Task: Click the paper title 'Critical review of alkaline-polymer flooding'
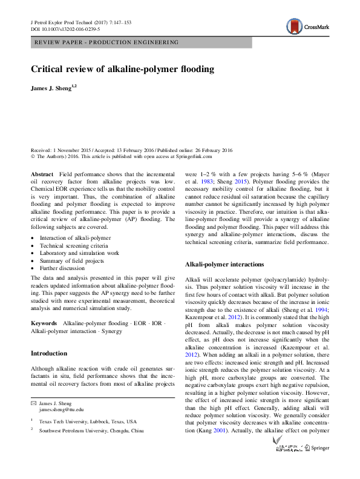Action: click(x=123, y=69)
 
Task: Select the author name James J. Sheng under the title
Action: click(x=53, y=88)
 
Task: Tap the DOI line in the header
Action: click(x=65, y=28)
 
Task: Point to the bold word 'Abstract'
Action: click(x=42, y=174)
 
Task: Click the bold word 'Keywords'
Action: click(x=44, y=324)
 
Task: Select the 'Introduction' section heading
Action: click(x=50, y=352)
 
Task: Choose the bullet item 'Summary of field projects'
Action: click(x=71, y=260)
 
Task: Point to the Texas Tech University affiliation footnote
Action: click(x=87, y=421)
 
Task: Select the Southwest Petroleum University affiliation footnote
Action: click(x=91, y=431)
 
